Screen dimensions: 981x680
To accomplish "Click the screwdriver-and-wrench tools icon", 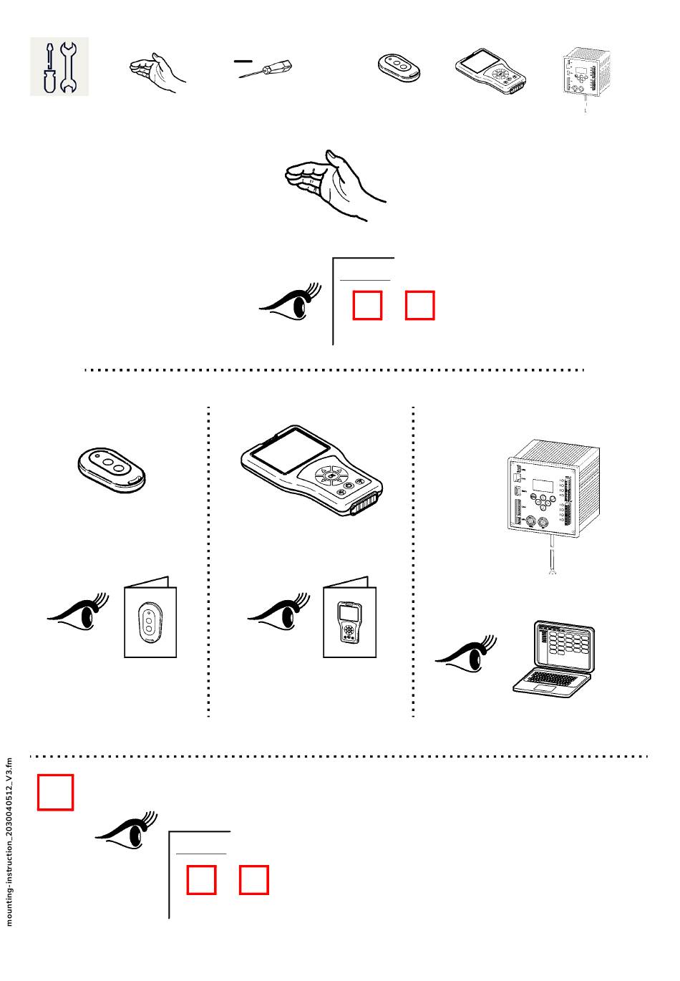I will [59, 67].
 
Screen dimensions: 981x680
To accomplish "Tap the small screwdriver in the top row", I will [267, 70].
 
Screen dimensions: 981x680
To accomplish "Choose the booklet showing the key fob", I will [150, 617].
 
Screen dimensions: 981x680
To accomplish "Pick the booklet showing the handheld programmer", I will [349, 617].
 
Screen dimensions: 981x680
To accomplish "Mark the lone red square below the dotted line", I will [56, 792].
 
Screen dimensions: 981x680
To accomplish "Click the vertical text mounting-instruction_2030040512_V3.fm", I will [9, 842].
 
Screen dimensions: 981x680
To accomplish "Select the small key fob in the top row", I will [399, 68].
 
